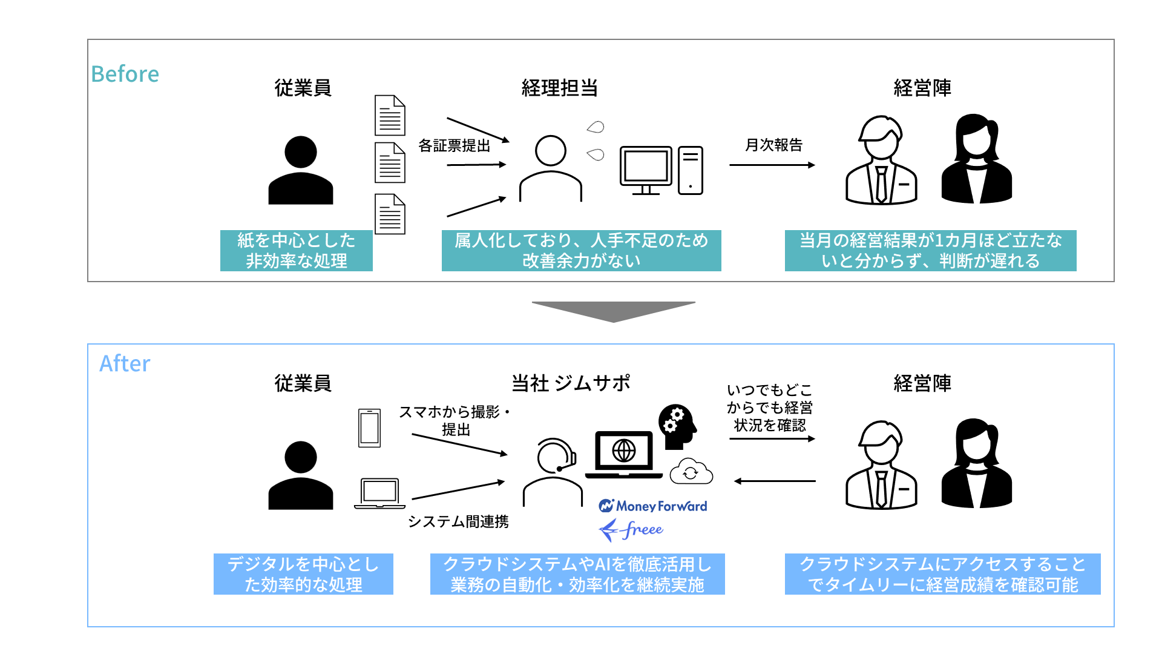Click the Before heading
125,74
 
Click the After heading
125,363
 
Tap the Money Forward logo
653,506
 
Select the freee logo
631,530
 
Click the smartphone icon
369,428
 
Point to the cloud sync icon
691,472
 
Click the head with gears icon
677,426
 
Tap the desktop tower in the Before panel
691,170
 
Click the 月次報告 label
773,145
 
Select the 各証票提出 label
454,146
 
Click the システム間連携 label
458,521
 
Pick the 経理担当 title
560,88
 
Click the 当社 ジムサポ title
571,383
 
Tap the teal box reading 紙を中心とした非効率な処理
296,251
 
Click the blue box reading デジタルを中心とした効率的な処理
303,574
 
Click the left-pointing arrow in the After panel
775,481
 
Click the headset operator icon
553,471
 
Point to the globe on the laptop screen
624,451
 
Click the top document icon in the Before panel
390,115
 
